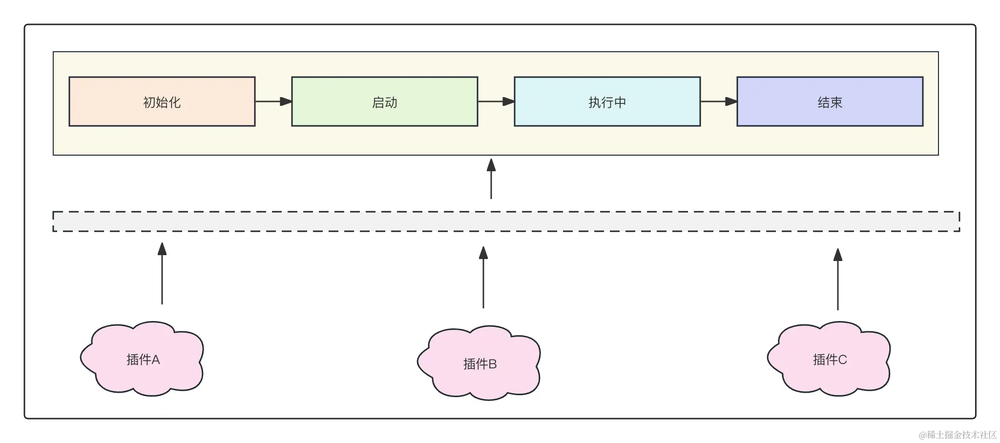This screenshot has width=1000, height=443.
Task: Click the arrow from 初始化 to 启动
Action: click(273, 101)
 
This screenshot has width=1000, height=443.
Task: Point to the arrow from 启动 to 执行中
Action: click(496, 101)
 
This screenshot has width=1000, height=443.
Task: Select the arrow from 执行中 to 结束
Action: click(718, 101)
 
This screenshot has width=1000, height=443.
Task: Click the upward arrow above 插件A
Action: click(162, 273)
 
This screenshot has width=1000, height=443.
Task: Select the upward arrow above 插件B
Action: click(483, 277)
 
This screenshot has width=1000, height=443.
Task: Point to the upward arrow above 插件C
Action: click(838, 279)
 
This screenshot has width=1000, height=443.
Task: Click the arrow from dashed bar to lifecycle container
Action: click(491, 179)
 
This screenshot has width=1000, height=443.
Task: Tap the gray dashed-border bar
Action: click(506, 221)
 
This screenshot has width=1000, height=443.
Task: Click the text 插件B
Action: click(479, 363)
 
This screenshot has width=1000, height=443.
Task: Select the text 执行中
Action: click(607, 102)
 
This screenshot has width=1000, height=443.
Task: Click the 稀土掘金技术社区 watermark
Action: click(957, 434)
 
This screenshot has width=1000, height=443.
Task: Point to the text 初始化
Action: click(162, 102)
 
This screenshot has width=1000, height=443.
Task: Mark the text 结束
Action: click(830, 102)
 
